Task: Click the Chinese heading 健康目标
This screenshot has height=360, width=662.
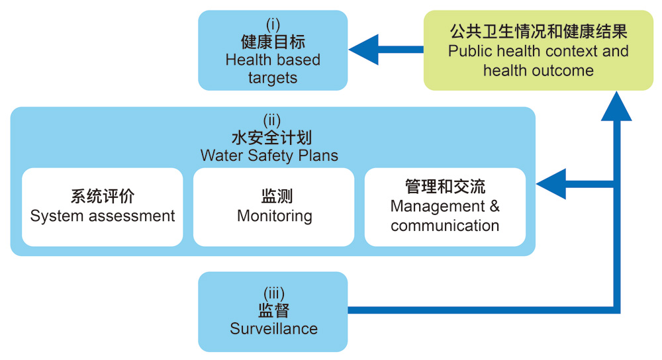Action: [273, 42]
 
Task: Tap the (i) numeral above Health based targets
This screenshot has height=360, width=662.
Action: [273, 25]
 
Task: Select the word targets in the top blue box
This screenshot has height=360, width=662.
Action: [273, 77]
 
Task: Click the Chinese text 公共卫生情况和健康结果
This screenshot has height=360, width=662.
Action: [538, 31]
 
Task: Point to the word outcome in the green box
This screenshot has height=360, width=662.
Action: [567, 70]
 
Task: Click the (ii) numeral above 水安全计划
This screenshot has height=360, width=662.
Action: [272, 120]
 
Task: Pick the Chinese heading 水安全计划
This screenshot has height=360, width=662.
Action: [272, 138]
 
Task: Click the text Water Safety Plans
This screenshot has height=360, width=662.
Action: [269, 156]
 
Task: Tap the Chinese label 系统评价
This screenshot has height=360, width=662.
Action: [103, 197]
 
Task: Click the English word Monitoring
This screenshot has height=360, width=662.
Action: [275, 216]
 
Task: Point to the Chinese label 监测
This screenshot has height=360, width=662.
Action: [275, 197]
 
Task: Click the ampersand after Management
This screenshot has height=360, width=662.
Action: [495, 206]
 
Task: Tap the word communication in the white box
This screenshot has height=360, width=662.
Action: [445, 225]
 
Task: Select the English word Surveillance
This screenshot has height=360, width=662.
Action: [273, 328]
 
